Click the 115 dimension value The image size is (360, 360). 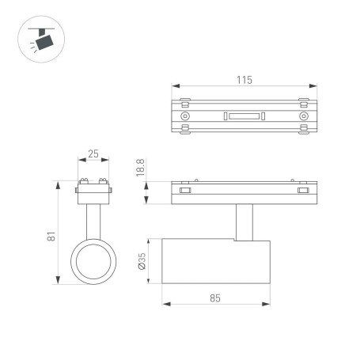244,79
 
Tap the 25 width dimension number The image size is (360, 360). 93,154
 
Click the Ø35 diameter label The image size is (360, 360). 140,261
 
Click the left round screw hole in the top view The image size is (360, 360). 185,117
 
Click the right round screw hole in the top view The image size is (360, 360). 302,117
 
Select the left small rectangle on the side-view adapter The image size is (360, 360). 185,190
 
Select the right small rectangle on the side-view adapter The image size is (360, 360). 302,190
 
